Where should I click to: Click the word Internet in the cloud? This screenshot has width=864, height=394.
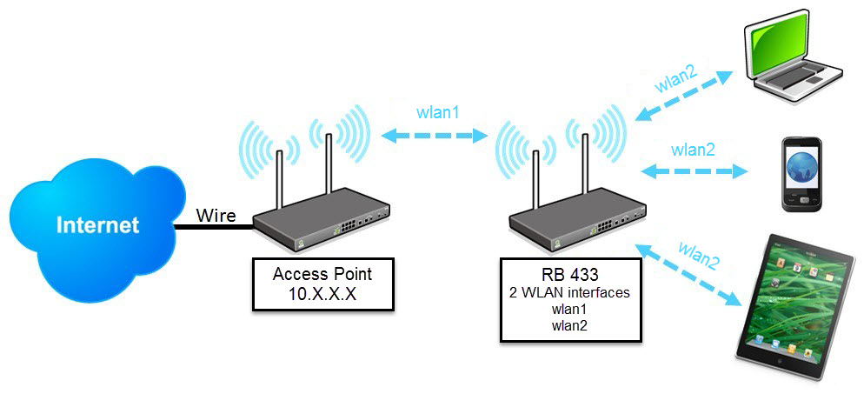(x=97, y=225)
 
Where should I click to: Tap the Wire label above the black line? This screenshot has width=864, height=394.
(x=216, y=214)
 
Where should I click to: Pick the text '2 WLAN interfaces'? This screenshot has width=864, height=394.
(x=569, y=293)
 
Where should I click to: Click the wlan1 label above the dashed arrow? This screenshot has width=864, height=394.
(x=436, y=114)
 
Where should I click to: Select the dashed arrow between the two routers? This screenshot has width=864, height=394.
(x=436, y=136)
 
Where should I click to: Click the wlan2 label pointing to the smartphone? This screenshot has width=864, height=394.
(x=693, y=149)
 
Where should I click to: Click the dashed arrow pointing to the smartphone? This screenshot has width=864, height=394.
(x=693, y=170)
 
